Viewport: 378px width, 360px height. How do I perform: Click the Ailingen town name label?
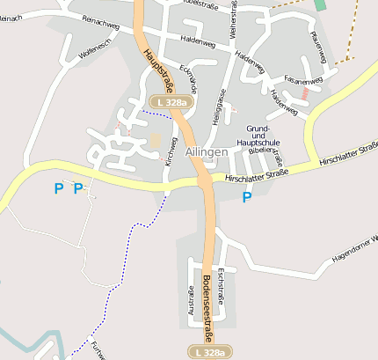[207, 151]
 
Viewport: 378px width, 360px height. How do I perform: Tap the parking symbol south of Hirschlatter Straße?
[246, 197]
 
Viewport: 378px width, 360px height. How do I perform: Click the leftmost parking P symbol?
[59, 187]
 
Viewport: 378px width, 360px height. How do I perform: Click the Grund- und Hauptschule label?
[257, 135]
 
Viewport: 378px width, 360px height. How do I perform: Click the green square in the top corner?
[321, 4]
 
